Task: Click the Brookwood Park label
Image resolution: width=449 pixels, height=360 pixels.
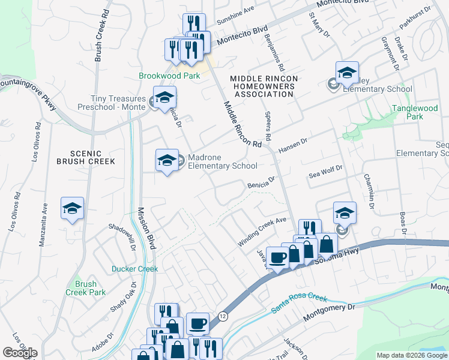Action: pyautogui.click(x=161, y=76)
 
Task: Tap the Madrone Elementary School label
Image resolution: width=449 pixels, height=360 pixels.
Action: pyautogui.click(x=222, y=162)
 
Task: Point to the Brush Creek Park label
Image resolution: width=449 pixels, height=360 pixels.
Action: pyautogui.click(x=90, y=288)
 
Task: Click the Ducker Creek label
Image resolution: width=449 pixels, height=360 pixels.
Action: pyautogui.click(x=134, y=269)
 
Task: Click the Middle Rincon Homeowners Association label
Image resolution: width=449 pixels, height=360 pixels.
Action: pyautogui.click(x=261, y=86)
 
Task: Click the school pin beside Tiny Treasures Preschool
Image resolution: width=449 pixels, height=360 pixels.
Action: pyautogui.click(x=164, y=97)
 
